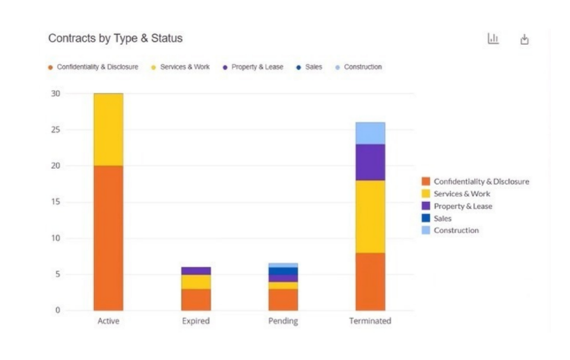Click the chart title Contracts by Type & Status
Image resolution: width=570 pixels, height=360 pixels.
point(115,38)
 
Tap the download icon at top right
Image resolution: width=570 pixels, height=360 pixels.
point(524,39)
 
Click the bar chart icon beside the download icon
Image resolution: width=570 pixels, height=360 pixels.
point(492,39)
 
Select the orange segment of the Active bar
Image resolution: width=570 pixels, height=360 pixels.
point(108,238)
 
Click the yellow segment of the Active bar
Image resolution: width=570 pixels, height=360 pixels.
point(108,129)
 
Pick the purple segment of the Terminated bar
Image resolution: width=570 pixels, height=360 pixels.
point(370,162)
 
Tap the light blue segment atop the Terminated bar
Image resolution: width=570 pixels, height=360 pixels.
point(370,133)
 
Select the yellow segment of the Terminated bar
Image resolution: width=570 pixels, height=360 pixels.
point(370,216)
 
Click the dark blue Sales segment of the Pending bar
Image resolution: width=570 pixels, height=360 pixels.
point(283,271)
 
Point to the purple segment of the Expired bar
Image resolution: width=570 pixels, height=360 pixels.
point(195,270)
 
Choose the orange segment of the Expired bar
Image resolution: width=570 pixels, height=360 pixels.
point(195,299)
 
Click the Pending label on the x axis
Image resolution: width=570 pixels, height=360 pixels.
point(283,321)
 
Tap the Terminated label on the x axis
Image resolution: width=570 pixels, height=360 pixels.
point(370,321)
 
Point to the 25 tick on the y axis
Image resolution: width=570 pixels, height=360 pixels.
point(77,130)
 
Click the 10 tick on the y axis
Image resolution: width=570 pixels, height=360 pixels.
point(77,238)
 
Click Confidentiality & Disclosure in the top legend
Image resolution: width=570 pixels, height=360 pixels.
point(97,67)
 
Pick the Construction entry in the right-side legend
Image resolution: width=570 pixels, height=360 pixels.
point(456,230)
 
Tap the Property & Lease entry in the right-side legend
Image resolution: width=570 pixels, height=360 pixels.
point(463,206)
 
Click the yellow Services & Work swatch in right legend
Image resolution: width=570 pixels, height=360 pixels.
point(426,194)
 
